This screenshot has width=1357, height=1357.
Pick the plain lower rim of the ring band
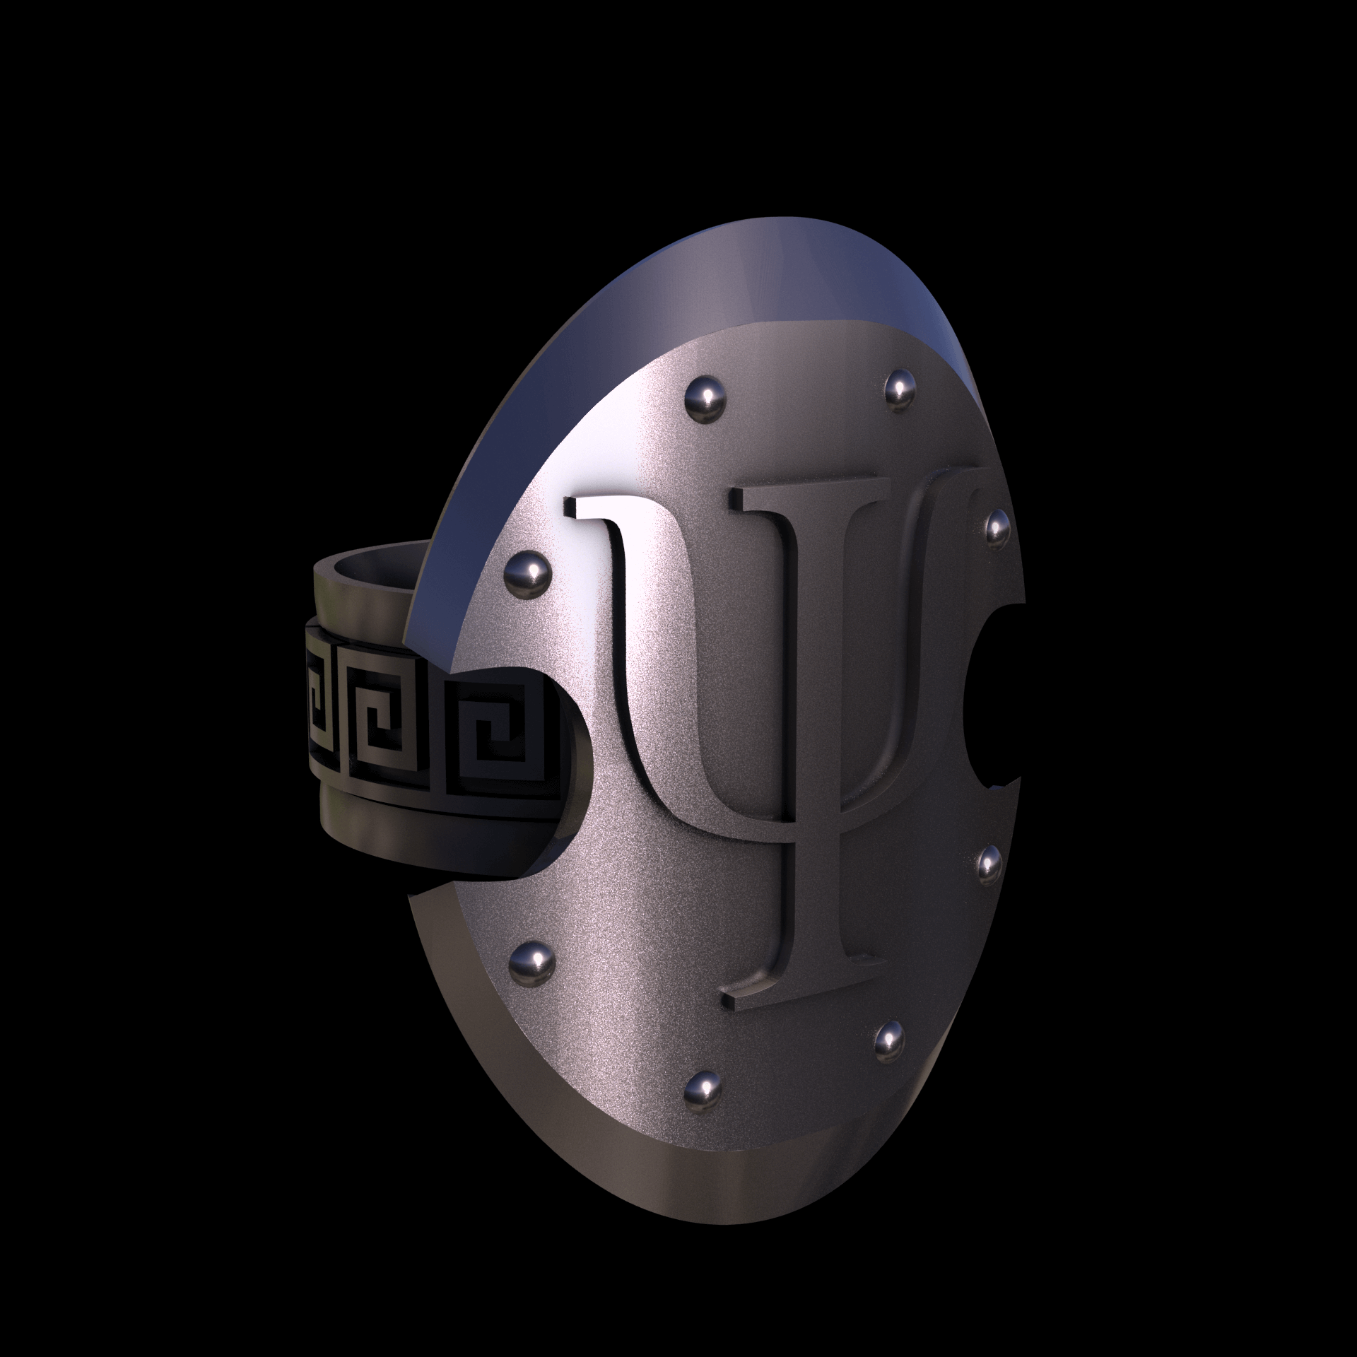point(424,848)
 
